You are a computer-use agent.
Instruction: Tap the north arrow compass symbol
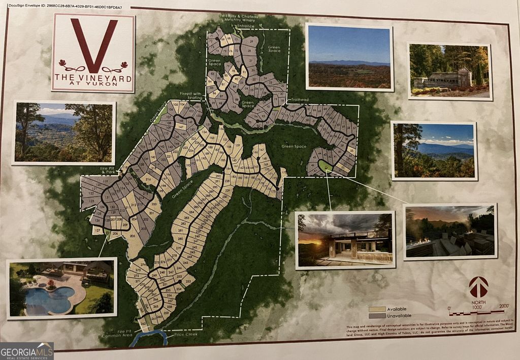click(478, 287)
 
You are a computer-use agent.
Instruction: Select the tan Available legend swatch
click(377, 309)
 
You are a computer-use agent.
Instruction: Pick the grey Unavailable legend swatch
click(377, 316)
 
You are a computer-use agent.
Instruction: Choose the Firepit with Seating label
click(191, 96)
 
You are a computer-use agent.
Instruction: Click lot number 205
click(133, 237)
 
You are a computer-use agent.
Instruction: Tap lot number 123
click(91, 201)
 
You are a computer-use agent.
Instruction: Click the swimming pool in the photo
click(49, 300)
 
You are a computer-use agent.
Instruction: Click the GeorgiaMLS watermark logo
click(26, 351)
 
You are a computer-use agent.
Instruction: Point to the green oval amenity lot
click(323, 166)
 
